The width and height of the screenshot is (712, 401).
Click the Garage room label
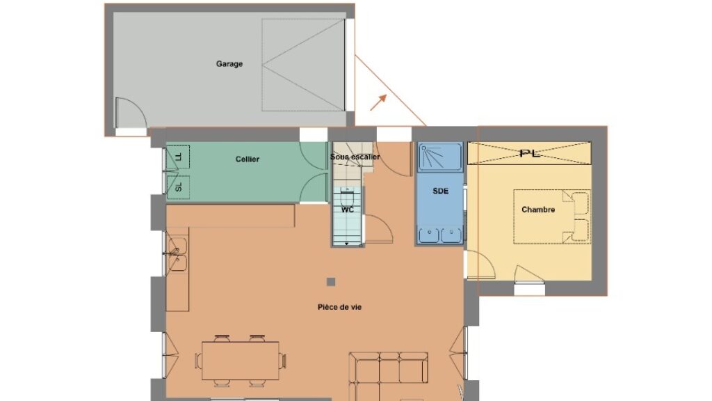coord(229,64)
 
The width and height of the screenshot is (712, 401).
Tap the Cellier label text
coord(248,159)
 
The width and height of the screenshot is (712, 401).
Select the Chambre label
coord(538,210)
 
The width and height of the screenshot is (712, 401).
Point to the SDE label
coord(440,191)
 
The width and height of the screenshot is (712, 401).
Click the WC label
coord(348,210)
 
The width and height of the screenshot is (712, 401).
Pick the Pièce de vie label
coord(339,307)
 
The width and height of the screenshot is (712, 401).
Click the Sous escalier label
coord(355,157)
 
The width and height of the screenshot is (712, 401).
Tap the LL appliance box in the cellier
coord(178,157)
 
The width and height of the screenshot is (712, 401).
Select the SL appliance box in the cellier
coord(178,187)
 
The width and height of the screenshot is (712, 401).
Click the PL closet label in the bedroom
coord(529,153)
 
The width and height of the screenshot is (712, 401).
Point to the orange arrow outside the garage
coord(378,102)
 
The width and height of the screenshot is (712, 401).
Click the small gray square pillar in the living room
coord(331,282)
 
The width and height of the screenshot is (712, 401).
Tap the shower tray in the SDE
coord(440,157)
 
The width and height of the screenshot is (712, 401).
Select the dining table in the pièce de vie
coord(240,361)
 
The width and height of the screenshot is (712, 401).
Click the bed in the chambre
coord(551,217)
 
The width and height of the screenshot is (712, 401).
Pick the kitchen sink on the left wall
coord(177,255)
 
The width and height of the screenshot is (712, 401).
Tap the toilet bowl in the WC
coord(348,198)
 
